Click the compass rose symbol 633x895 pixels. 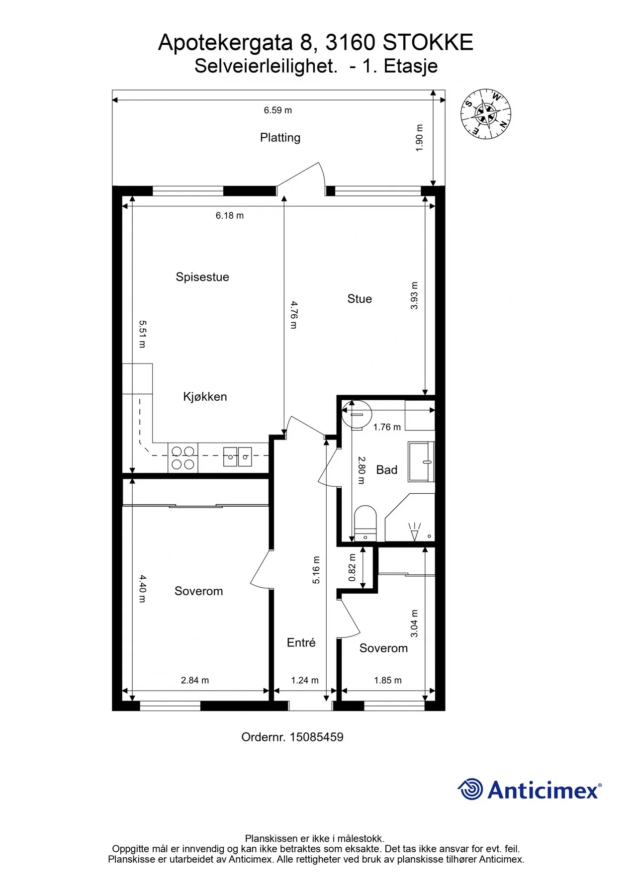pyautogui.click(x=486, y=114)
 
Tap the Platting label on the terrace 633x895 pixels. pyautogui.click(x=280, y=138)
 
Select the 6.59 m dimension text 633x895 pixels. pyautogui.click(x=277, y=110)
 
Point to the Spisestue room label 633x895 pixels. pyautogui.click(x=202, y=277)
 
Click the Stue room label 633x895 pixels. pyautogui.click(x=360, y=299)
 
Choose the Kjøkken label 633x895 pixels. pyautogui.click(x=205, y=397)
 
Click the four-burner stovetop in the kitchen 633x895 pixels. pyautogui.click(x=183, y=458)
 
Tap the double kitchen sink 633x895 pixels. pyautogui.click(x=238, y=457)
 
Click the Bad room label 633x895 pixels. pyautogui.click(x=387, y=470)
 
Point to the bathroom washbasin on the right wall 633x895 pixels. pyautogui.click(x=422, y=461)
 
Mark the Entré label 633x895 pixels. pyautogui.click(x=301, y=643)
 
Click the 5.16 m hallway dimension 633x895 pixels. pyautogui.click(x=316, y=570)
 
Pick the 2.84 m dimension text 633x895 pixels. pyautogui.click(x=195, y=680)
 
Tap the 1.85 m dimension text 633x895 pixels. pyautogui.click(x=388, y=680)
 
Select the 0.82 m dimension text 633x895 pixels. pyautogui.click(x=352, y=568)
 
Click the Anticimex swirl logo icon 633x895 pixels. pyautogui.click(x=470, y=789)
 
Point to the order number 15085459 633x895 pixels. pyautogui.click(x=316, y=737)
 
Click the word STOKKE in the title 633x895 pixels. pyautogui.click(x=428, y=43)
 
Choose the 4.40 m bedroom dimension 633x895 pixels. pyautogui.click(x=143, y=589)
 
